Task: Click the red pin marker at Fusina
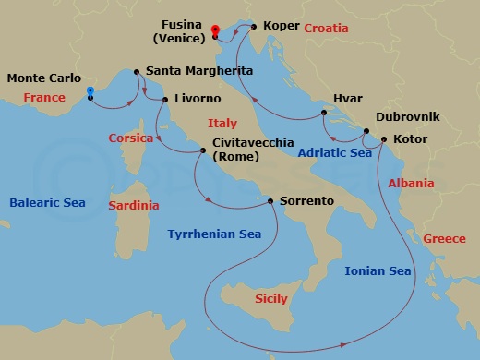214,30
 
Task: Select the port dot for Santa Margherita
138,71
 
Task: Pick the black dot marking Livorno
165,99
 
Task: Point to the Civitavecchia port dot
204,150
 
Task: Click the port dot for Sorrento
270,201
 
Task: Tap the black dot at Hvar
324,114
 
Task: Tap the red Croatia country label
327,29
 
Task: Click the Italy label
222,123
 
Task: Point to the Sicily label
270,298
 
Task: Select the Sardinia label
133,205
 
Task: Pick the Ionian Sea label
377,270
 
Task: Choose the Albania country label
411,184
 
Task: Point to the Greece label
444,239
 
